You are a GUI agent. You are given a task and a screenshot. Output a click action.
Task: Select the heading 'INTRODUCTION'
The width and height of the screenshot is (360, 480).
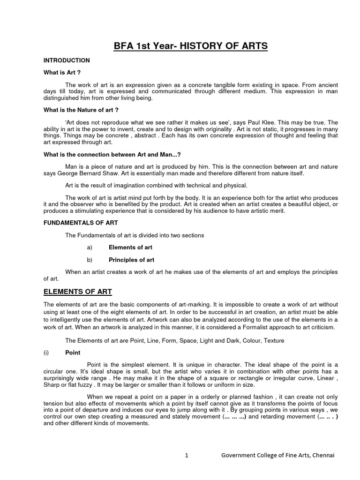[67, 60]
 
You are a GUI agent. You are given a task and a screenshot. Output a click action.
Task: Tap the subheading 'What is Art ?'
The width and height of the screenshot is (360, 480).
[62, 73]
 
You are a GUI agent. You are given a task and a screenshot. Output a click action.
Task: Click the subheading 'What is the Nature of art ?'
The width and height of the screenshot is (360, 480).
[81, 110]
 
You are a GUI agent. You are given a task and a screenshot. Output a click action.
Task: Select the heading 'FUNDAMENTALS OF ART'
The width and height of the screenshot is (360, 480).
[81, 223]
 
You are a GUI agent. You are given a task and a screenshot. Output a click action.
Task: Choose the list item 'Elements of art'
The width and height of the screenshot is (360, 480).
[130, 247]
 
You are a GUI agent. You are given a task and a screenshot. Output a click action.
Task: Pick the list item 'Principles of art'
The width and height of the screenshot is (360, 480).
[132, 259]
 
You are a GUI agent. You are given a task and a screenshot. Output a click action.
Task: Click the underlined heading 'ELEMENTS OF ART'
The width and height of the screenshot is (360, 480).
[78, 292]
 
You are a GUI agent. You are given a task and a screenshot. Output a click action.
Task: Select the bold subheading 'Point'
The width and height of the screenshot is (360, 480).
[73, 352]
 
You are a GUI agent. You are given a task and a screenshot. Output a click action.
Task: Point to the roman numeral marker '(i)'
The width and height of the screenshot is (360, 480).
[47, 352]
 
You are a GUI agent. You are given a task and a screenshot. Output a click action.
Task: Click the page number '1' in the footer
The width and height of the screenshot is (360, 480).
[186, 455]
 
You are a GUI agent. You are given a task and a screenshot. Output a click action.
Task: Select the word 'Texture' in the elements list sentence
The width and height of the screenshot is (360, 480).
[273, 340]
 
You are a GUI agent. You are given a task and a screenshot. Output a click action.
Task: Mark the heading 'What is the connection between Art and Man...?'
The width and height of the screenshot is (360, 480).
[112, 154]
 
